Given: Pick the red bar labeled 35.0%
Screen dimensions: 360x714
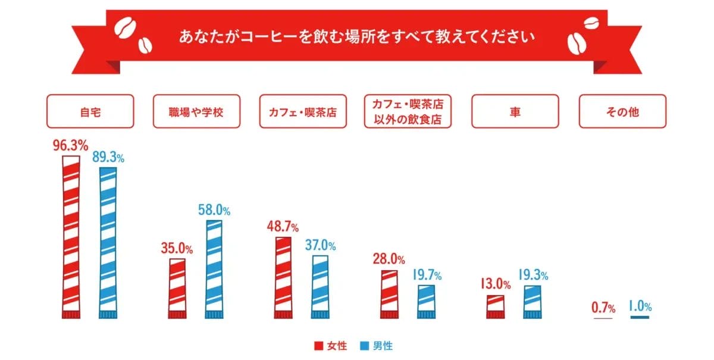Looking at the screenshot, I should pyautogui.click(x=177, y=288).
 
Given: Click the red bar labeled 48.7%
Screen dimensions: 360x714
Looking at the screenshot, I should pyautogui.click(x=284, y=277).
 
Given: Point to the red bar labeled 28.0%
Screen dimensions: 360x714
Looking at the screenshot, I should pyautogui.click(x=389, y=294).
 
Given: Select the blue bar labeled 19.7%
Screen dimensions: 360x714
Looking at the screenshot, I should pyautogui.click(x=426, y=301).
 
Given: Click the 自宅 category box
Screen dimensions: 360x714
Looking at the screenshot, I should pyautogui.click(x=90, y=111).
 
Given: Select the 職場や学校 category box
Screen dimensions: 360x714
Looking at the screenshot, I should pyautogui.click(x=196, y=111).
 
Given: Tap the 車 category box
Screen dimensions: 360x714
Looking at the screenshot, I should pyautogui.click(x=515, y=111).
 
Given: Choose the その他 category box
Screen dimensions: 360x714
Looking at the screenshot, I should pyautogui.click(x=622, y=111).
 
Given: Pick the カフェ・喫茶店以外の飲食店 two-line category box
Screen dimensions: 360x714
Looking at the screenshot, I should pyautogui.click(x=408, y=111).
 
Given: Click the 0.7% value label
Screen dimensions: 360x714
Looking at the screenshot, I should pyautogui.click(x=603, y=308).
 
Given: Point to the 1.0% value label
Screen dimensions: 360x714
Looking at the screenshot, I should pyautogui.click(x=640, y=307).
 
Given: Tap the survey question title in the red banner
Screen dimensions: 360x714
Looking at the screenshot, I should pyautogui.click(x=357, y=37).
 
